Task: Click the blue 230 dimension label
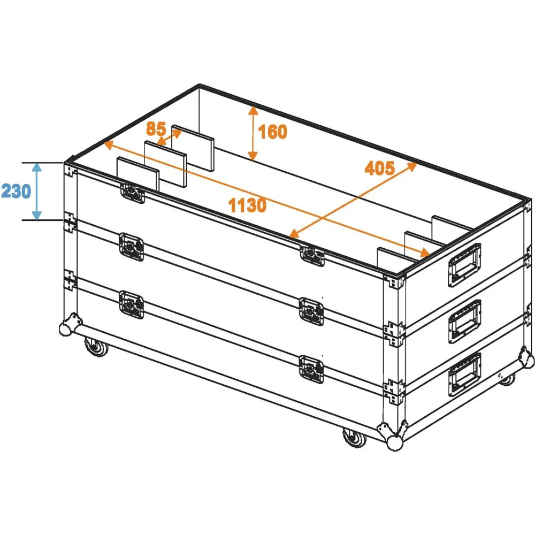tap(16, 191)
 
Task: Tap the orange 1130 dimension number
tap(247, 205)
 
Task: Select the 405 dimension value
tap(380, 168)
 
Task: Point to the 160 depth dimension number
tap(273, 132)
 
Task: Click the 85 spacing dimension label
tap(156, 128)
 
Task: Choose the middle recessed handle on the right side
tap(464, 321)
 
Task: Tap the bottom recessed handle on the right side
tap(464, 374)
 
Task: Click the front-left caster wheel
tap(96, 346)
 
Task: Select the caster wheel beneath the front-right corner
tap(354, 438)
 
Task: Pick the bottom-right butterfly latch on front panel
tap(311, 369)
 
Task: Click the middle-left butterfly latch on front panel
tap(132, 247)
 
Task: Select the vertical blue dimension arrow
tap(37, 192)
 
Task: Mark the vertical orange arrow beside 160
tap(253, 133)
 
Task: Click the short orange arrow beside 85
tap(169, 137)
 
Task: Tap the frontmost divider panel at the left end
tap(138, 174)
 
